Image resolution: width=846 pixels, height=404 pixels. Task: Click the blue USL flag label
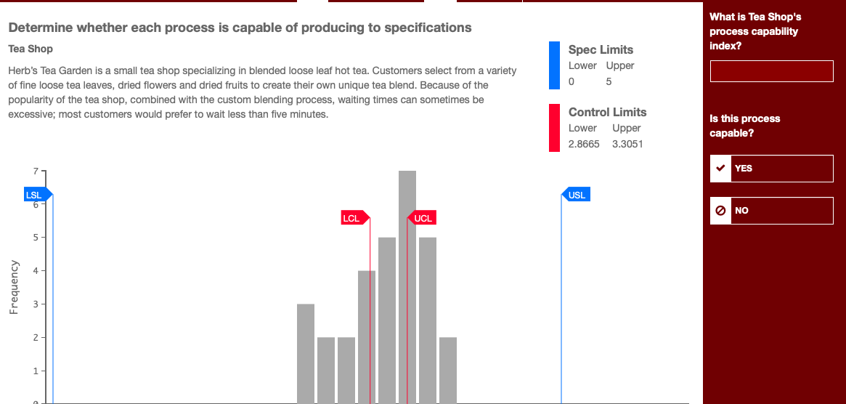pos(576,195)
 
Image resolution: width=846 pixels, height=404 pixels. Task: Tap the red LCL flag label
pos(353,218)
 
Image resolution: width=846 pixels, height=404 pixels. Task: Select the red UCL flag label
pos(422,218)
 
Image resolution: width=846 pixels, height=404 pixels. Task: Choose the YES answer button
pos(771,169)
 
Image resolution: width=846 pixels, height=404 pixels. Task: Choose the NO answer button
pos(771,211)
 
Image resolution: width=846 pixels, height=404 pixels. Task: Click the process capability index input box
pos(771,72)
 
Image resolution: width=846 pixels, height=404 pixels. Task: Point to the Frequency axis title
pos(14,287)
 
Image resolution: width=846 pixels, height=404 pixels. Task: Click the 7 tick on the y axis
pos(34,171)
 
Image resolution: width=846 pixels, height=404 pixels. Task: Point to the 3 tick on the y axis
pos(34,304)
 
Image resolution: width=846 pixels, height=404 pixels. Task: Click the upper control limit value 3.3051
pos(627,144)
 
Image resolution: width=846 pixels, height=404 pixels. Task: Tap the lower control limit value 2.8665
pos(584,144)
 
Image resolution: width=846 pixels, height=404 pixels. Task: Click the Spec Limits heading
pos(601,49)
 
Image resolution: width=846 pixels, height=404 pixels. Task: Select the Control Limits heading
pos(607,112)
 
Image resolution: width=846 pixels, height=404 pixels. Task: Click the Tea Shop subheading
pos(30,49)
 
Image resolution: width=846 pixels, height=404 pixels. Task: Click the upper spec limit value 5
pos(609,81)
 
